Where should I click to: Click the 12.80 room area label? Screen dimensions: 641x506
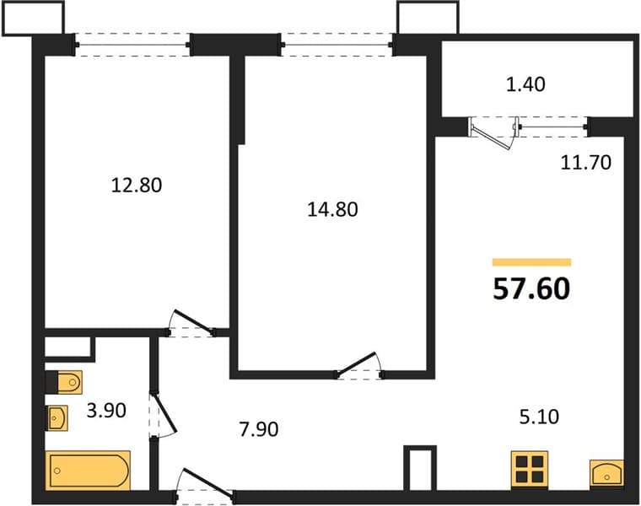[137, 186]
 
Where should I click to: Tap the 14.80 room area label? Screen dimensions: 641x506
[332, 210]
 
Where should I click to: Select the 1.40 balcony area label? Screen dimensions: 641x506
[525, 84]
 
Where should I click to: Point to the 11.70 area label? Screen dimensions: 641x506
[586, 163]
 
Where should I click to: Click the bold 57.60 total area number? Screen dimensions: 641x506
[531, 288]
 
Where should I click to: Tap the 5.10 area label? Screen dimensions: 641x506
[539, 417]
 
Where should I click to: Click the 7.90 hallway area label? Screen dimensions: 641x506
[259, 429]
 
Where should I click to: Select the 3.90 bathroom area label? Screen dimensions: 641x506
[106, 411]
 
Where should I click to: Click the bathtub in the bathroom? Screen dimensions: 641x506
[88, 471]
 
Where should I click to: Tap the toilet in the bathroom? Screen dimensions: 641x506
[64, 383]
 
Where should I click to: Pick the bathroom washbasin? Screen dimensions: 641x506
[57, 418]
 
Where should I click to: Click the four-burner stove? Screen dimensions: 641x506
[530, 469]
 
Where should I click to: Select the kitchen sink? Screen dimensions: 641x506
[606, 473]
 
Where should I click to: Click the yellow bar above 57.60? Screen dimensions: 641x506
[531, 262]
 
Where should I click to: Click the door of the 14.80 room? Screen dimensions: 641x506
[359, 364]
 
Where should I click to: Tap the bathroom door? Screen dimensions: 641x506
[162, 415]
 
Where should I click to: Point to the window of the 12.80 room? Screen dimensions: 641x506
[132, 45]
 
